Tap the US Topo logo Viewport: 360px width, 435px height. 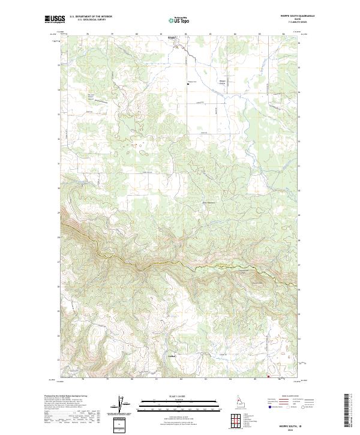pos(179,20)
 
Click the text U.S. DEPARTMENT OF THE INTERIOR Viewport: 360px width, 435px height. pos(91,16)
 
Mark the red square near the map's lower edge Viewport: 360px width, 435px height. pos(268,377)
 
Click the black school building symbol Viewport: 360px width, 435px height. pos(188,85)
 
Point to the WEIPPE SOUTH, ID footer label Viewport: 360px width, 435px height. pos(293,425)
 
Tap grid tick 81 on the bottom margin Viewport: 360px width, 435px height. pos(157,380)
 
